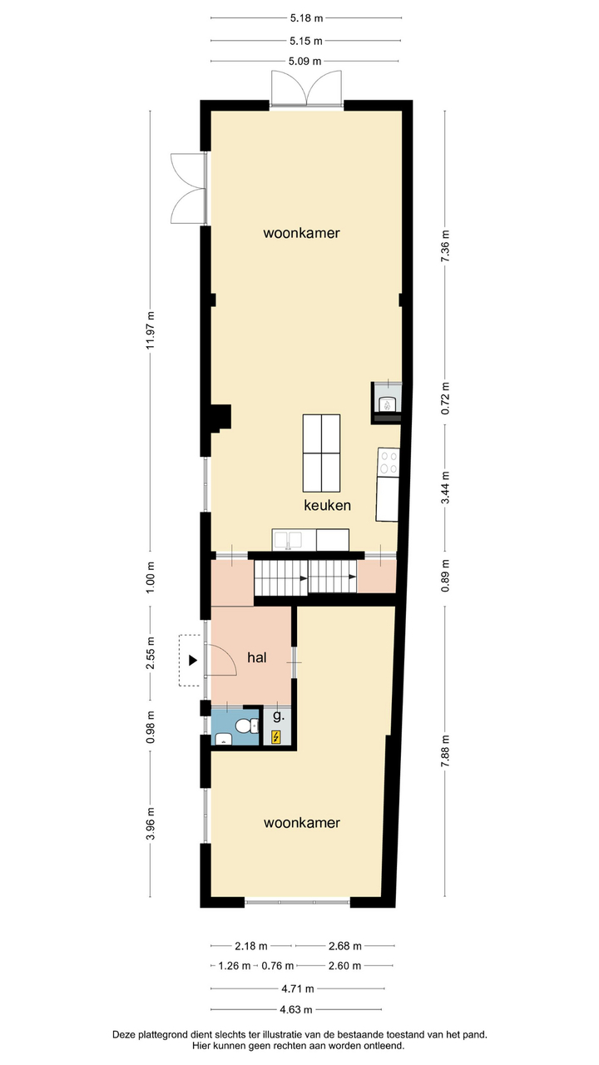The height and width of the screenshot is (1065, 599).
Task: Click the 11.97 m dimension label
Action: tap(151, 330)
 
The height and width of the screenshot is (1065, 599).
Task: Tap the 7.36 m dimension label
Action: tap(445, 245)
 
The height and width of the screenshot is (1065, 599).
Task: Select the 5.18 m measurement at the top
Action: tap(307, 18)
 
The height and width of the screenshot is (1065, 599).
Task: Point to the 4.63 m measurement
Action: tap(296, 1009)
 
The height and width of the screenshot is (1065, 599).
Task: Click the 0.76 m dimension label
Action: tap(278, 966)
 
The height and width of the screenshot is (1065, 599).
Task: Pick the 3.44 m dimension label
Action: tap(445, 488)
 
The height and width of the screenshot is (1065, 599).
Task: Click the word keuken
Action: tap(328, 505)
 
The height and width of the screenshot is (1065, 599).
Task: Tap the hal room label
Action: tap(257, 657)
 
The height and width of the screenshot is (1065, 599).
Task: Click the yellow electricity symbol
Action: tap(275, 737)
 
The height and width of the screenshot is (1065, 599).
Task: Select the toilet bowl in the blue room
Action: tap(246, 726)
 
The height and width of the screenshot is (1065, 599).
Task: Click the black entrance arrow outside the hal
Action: tap(192, 660)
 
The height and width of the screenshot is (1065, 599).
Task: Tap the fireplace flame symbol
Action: tap(388, 405)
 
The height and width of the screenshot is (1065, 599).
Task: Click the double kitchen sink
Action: tap(288, 540)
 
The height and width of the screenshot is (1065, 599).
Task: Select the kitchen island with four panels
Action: tap(321, 453)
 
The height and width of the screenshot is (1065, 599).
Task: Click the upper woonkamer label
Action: tap(301, 233)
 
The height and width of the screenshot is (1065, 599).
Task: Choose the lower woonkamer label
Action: tap(302, 823)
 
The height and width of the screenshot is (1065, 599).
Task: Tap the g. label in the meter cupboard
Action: tap(279, 716)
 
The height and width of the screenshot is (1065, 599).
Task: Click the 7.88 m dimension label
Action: tap(445, 750)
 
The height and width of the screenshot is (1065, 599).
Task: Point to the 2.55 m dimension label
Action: tap(151, 653)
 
